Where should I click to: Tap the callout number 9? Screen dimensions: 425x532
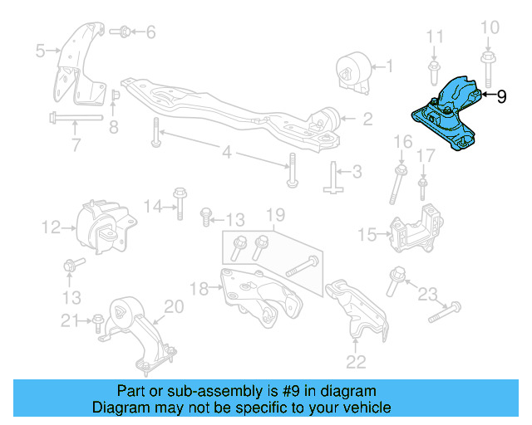coord(501,96)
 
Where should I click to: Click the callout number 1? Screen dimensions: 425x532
coord(391,65)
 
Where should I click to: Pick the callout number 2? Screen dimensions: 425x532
coord(367,119)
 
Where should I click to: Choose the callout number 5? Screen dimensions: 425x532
coord(39,51)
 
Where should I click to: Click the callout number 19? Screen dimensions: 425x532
coord(273,213)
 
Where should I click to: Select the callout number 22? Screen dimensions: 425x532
coord(355,360)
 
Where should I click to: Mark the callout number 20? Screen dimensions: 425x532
coord(172,307)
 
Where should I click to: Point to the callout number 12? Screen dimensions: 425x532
coord(50,226)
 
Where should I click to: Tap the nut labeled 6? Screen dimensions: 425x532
coord(121,33)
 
